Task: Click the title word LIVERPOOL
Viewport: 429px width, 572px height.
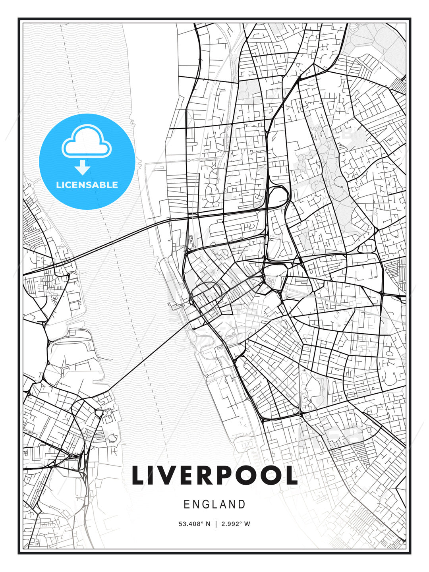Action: pyautogui.click(x=214, y=475)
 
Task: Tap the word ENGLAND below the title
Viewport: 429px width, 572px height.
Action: pyautogui.click(x=214, y=504)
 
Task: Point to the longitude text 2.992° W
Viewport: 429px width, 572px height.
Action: pyautogui.click(x=236, y=524)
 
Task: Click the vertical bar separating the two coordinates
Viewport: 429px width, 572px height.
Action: pyautogui.click(x=216, y=524)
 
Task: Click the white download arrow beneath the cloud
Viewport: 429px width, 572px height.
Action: pyautogui.click(x=83, y=168)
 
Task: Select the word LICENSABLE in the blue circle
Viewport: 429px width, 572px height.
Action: pyautogui.click(x=87, y=185)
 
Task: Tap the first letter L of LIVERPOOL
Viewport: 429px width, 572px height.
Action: pyautogui.click(x=139, y=475)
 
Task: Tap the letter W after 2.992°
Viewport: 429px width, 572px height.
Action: pyautogui.click(x=247, y=524)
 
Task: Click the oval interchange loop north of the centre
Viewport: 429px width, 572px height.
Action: pyautogui.click(x=278, y=197)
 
